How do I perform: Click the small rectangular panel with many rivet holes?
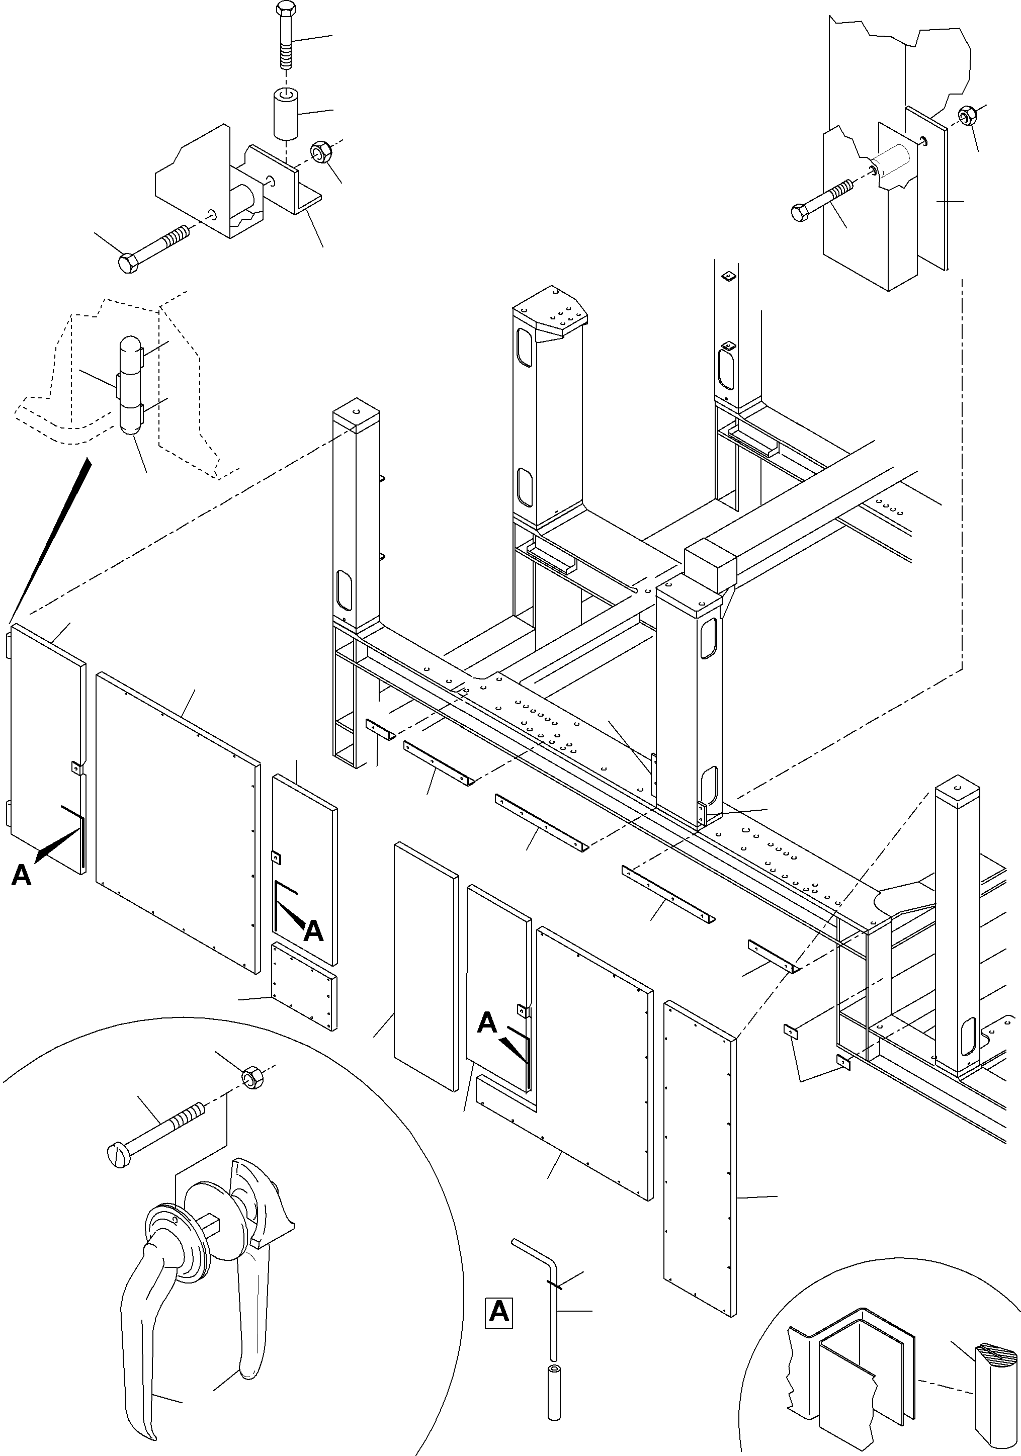pos(304,996)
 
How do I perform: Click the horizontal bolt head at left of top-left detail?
pos(128,263)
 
